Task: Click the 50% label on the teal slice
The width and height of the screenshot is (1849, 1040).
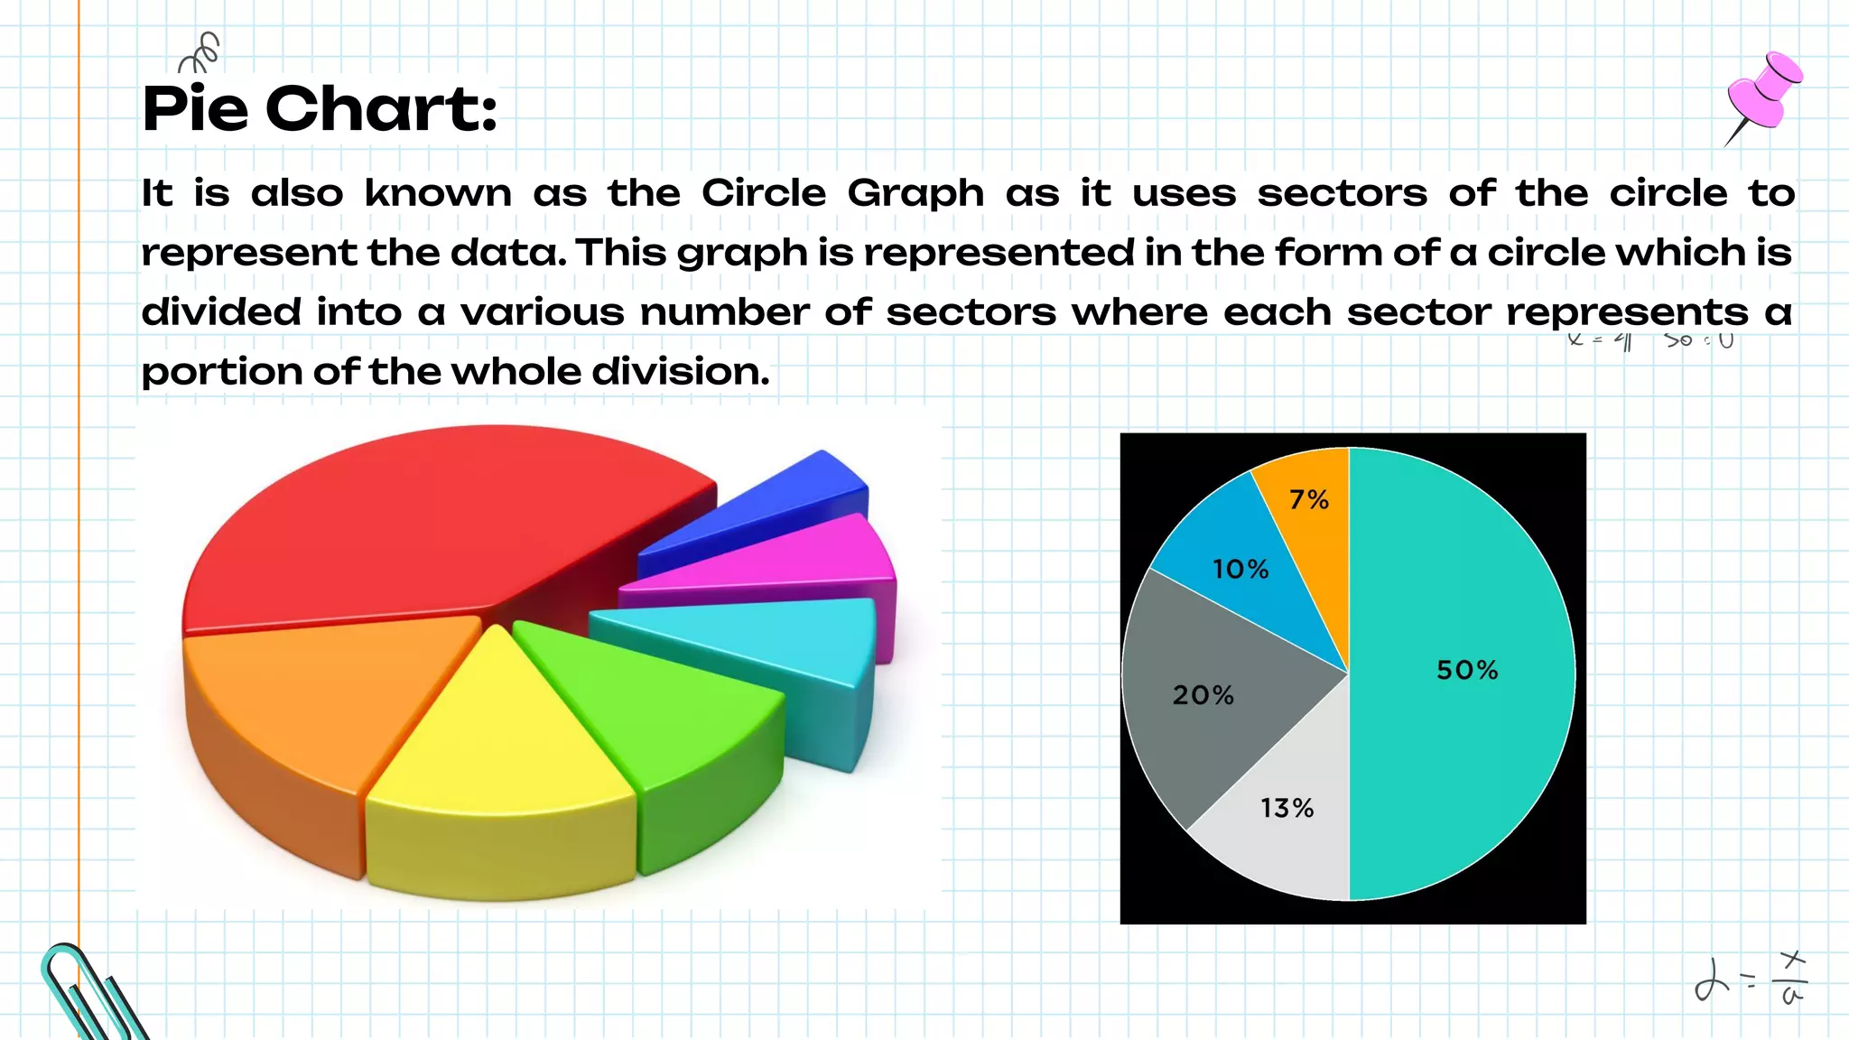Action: click(1467, 670)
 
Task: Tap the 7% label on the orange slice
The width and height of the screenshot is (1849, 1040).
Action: click(1308, 499)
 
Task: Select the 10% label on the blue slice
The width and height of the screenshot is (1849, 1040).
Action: click(1240, 569)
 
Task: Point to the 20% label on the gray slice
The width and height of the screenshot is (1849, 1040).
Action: click(1203, 695)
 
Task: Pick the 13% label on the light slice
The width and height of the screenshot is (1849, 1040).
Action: click(1287, 808)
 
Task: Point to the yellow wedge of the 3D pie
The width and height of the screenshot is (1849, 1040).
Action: click(497, 740)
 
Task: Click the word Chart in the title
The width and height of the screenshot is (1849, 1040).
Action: click(381, 109)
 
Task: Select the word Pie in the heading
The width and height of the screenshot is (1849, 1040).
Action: click(195, 109)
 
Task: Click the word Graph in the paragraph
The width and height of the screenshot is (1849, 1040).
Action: click(915, 194)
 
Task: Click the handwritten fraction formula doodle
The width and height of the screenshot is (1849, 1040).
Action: click(1751, 980)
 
